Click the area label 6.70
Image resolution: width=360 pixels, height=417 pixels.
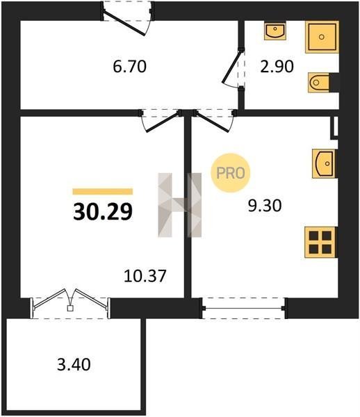click(x=129, y=67)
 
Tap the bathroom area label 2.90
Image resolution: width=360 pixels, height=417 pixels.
click(x=277, y=67)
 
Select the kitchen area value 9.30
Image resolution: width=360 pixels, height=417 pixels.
click(x=265, y=206)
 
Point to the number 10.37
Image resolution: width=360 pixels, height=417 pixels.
click(x=145, y=276)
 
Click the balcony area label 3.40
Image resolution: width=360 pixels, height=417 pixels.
click(x=74, y=364)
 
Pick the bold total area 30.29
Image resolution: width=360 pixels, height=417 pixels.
click(x=103, y=212)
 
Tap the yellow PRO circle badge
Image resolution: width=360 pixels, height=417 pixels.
click(x=231, y=173)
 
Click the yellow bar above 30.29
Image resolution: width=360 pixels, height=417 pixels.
click(x=103, y=192)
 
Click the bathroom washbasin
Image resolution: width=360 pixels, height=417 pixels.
click(x=275, y=31)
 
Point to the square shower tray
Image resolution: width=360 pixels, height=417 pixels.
click(x=322, y=37)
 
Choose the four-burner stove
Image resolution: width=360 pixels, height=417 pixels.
click(x=320, y=242)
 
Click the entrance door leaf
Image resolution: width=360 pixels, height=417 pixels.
click(x=124, y=23)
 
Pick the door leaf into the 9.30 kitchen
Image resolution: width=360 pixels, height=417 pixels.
click(x=212, y=122)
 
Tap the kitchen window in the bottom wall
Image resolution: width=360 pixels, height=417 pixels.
click(x=244, y=308)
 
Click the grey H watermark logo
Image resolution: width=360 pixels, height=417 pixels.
click(x=180, y=205)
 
